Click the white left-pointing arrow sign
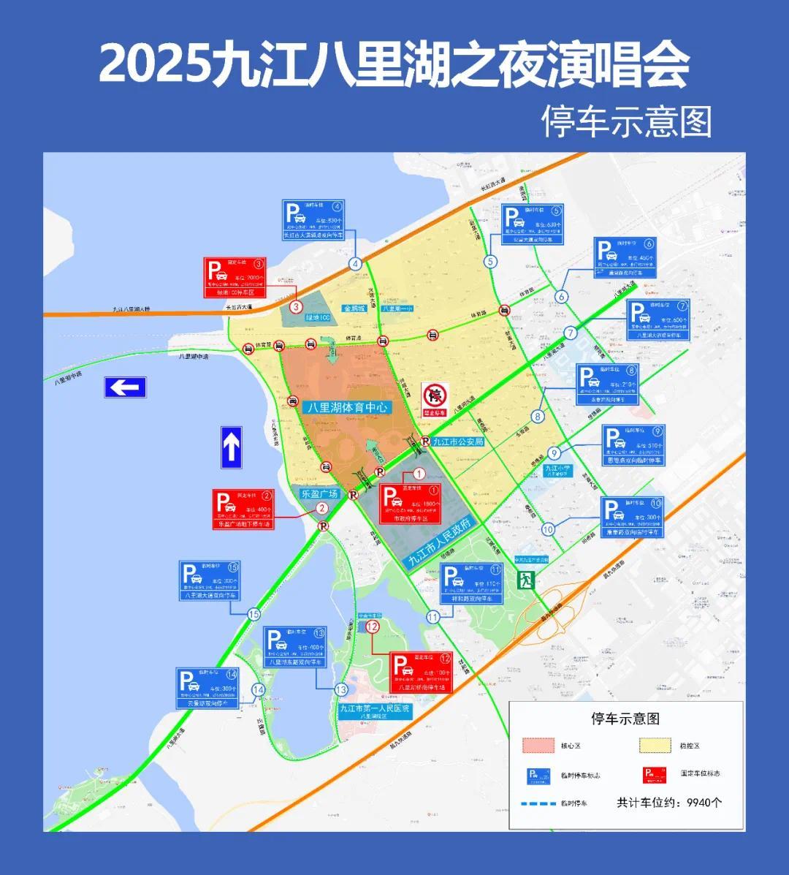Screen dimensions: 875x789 [x=125, y=387]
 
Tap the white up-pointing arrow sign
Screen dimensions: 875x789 [x=232, y=447]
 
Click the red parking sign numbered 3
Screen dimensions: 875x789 [x=235, y=277]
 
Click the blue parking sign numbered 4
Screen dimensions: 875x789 [x=313, y=220]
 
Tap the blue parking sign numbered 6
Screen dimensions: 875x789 [x=625, y=258]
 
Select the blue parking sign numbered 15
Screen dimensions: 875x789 [x=210, y=581]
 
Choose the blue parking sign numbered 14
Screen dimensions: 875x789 [x=207, y=689]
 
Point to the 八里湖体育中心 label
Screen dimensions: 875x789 [x=347, y=408]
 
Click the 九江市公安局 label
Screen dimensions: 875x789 [x=458, y=442]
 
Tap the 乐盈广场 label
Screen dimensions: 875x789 [x=319, y=494]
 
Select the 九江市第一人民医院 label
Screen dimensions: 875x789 [x=375, y=709]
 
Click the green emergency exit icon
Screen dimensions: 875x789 [x=526, y=581]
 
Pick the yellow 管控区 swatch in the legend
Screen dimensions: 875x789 [x=655, y=746]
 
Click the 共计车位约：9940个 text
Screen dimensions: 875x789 [x=669, y=802]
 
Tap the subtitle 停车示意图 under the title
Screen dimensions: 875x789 [x=626, y=121]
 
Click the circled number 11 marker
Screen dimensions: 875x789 [x=433, y=617]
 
